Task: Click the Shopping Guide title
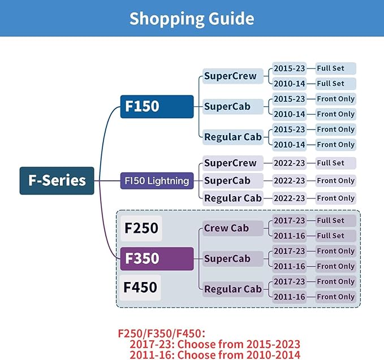pyautogui.click(x=192, y=19)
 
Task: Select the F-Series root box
pyautogui.click(x=57, y=181)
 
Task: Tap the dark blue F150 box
pyautogui.click(x=157, y=106)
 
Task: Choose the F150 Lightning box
pyautogui.click(x=157, y=181)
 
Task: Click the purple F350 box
pyautogui.click(x=157, y=259)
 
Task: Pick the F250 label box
pyautogui.click(x=141, y=228)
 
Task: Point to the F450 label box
pyautogui.click(x=140, y=288)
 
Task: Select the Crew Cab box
pyautogui.click(x=233, y=228)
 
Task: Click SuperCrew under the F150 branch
pyautogui.click(x=233, y=76)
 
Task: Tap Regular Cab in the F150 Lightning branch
pyautogui.click(x=233, y=198)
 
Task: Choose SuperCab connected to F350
pyautogui.click(x=233, y=259)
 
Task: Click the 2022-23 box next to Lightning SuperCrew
pyautogui.click(x=289, y=163)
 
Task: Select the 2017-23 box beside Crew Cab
pyautogui.click(x=289, y=220)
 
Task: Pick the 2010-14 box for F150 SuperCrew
pyautogui.click(x=289, y=84)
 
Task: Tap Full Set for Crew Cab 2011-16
pyautogui.click(x=335, y=236)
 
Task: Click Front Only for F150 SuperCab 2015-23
pyautogui.click(x=335, y=99)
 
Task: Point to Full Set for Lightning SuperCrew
pyautogui.click(x=335, y=163)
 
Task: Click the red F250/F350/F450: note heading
pyautogui.click(x=162, y=333)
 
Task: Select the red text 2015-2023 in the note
pyautogui.click(x=273, y=344)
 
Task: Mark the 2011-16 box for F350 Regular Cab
pyautogui.click(x=289, y=297)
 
